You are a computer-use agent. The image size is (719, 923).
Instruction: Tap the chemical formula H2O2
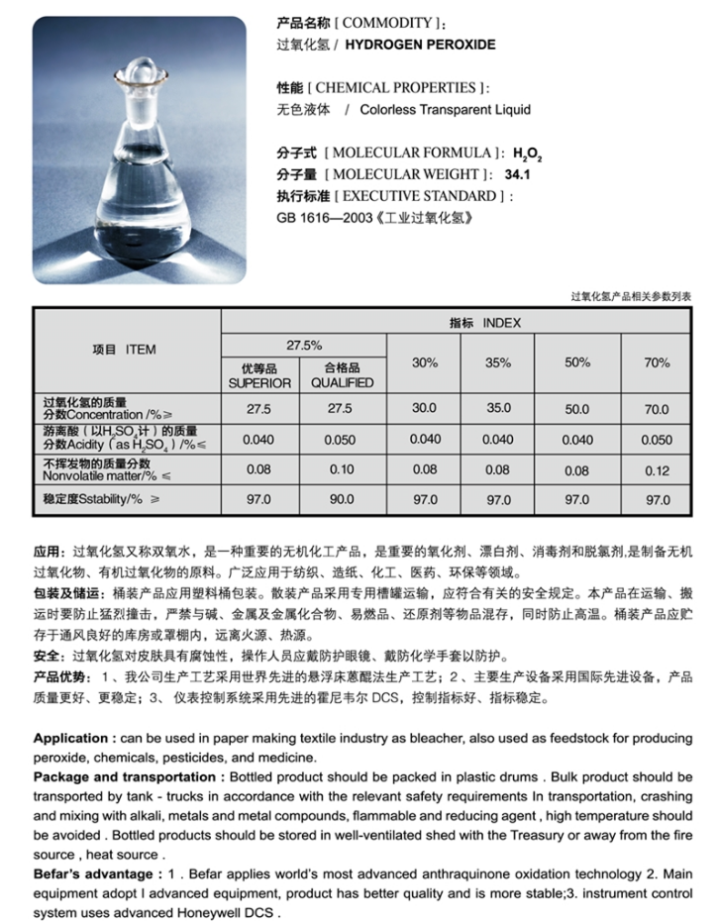point(528,154)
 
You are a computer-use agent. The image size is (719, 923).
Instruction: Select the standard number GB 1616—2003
point(319,217)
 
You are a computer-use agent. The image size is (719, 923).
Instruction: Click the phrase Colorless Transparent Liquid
point(445,110)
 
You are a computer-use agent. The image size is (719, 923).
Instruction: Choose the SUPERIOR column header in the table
point(259,383)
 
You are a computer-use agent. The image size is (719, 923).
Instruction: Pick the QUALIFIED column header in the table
point(342,383)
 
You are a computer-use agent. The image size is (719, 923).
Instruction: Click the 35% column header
point(498,362)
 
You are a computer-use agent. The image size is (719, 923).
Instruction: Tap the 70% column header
point(657,362)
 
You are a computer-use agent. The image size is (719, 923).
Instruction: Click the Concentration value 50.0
point(576,409)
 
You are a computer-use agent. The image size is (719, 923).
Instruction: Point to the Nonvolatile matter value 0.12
point(657,471)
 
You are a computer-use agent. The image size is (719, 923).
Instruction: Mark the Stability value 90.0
point(342,500)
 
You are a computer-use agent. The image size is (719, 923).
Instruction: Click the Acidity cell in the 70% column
point(657,440)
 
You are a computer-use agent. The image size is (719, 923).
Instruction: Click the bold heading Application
point(72,739)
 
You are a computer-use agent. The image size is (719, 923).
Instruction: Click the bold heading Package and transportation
point(125,777)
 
